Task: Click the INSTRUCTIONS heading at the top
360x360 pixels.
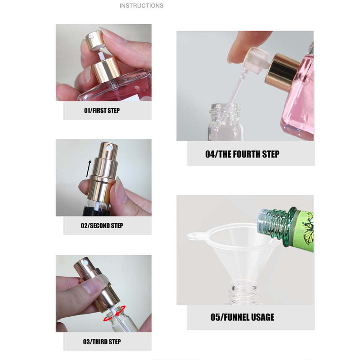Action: [x=141, y=6]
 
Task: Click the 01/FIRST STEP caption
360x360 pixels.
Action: [x=102, y=110]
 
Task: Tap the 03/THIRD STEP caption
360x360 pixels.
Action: [x=102, y=342]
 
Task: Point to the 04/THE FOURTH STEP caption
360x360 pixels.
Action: [x=242, y=154]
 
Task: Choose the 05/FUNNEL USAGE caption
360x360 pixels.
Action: [x=242, y=317]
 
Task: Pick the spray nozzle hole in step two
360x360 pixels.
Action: [x=108, y=146]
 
